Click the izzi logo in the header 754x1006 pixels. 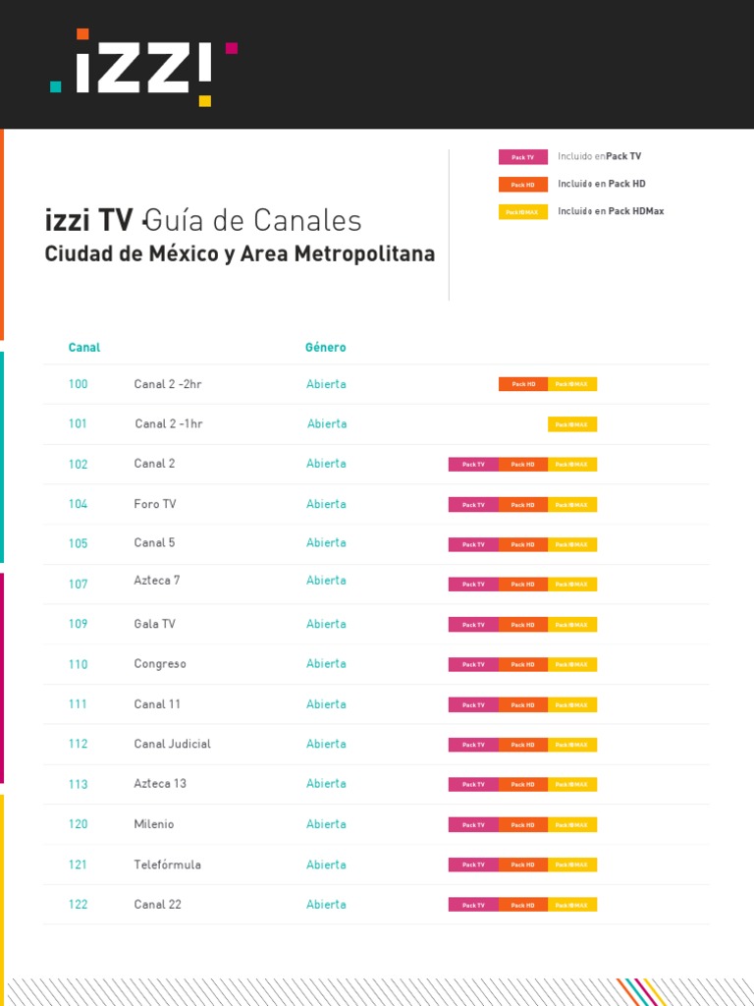pos(143,68)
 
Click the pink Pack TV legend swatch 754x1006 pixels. pos(522,157)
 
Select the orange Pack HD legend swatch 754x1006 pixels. pos(522,185)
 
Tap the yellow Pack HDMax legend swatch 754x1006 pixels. pos(522,212)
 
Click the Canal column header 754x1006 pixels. pos(83,348)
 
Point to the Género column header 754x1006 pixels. pos(325,348)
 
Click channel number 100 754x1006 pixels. pos(78,384)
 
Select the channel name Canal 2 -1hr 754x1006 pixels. pos(169,423)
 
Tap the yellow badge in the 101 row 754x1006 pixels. pos(572,424)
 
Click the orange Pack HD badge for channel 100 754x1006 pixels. pos(523,384)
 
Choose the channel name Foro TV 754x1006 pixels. pos(155,504)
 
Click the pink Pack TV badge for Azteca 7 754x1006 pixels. pos(473,585)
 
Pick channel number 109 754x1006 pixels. pos(78,624)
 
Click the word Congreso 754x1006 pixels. pos(160,664)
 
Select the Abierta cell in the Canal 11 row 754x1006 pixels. pos(326,704)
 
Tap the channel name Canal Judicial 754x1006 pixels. pos(172,744)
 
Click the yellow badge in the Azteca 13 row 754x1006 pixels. pos(572,784)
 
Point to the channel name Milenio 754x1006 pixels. pos(154,824)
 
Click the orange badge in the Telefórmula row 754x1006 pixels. pos(523,865)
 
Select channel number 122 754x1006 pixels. pos(78,905)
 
